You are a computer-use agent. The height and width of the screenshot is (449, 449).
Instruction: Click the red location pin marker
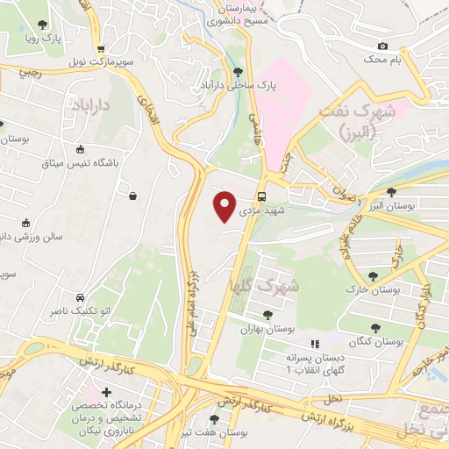[225, 205]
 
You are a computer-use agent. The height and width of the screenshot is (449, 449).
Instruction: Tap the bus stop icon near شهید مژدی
[262, 196]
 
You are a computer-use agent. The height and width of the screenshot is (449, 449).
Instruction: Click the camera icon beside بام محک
[381, 46]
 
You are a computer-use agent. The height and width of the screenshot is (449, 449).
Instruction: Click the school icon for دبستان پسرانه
[315, 345]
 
